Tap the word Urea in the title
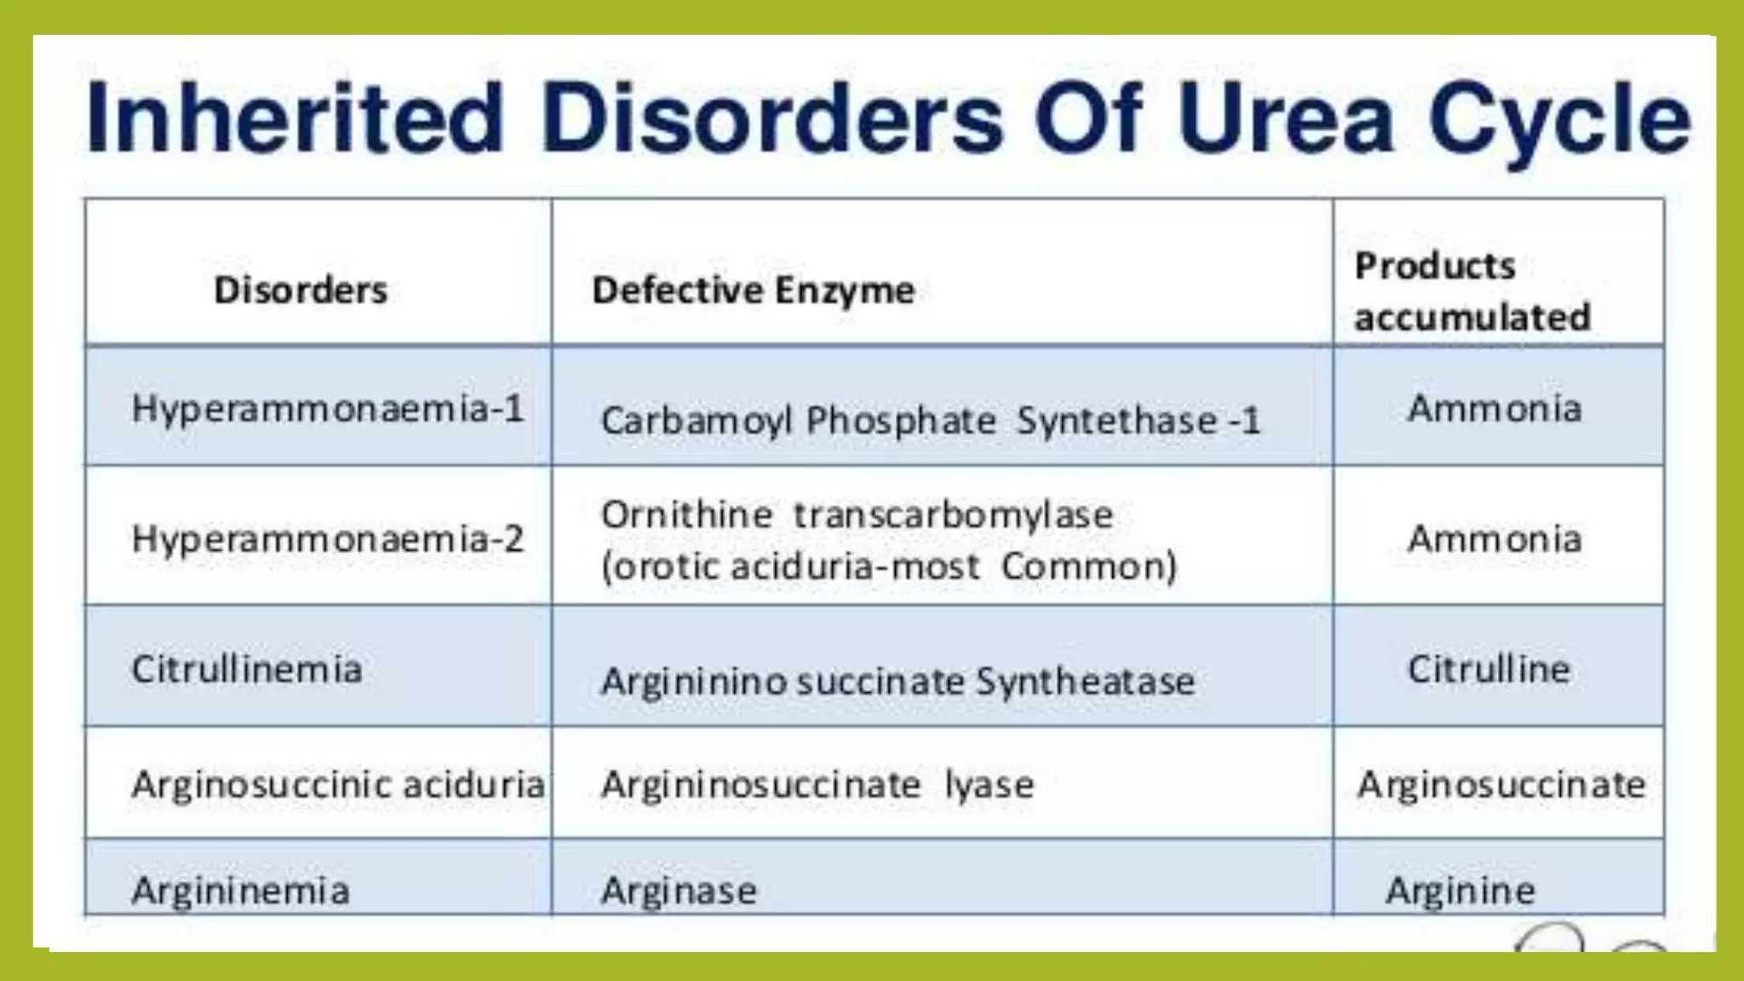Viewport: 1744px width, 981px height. [x=1285, y=118]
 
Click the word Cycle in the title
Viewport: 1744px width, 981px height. [x=1558, y=118]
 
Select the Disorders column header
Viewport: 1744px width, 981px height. [x=301, y=290]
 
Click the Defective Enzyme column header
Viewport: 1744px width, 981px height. [x=753, y=290]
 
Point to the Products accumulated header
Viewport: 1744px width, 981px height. [x=1472, y=291]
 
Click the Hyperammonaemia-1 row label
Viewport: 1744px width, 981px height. [x=328, y=409]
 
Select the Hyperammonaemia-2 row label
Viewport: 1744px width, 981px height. [x=328, y=539]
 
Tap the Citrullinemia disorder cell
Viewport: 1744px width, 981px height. [x=247, y=669]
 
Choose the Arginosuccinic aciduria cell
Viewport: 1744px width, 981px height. [x=338, y=784]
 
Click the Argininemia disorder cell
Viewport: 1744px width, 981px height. [x=241, y=891]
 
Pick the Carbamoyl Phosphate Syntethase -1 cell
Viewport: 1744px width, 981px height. [x=930, y=421]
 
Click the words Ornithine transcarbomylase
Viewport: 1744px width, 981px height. [x=857, y=514]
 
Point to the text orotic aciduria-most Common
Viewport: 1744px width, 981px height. [x=889, y=566]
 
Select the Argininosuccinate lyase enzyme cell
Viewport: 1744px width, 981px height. [x=817, y=784]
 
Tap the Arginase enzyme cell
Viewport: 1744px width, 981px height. [x=679, y=891]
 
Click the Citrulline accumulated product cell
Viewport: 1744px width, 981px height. [x=1489, y=669]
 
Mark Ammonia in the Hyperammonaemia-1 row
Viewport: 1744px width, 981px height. [x=1494, y=409]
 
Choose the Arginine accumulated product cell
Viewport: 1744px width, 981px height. [x=1460, y=891]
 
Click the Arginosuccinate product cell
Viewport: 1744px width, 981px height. [x=1501, y=784]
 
